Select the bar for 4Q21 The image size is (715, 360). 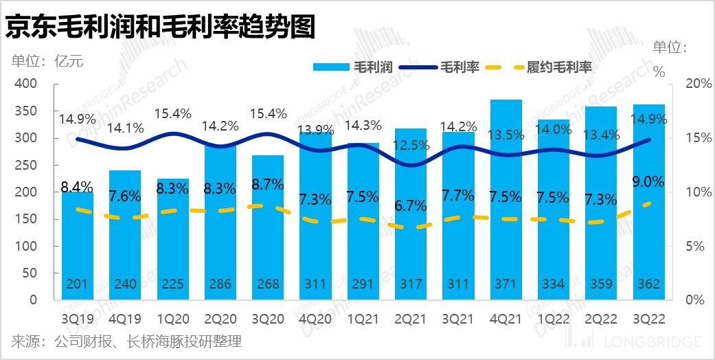pyautogui.click(x=506, y=199)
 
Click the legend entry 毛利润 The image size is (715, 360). pyautogui.click(x=352, y=67)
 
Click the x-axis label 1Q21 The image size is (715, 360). pyautogui.click(x=363, y=319)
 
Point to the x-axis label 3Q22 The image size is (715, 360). pyautogui.click(x=648, y=319)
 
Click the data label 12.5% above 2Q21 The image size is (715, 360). pyautogui.click(x=411, y=146)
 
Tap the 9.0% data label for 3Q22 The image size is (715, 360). pyautogui.click(x=648, y=182)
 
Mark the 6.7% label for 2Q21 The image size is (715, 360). pyautogui.click(x=411, y=204)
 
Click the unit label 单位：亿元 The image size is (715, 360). pyautogui.click(x=47, y=60)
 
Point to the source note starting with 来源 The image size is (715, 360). pyautogui.click(x=126, y=341)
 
